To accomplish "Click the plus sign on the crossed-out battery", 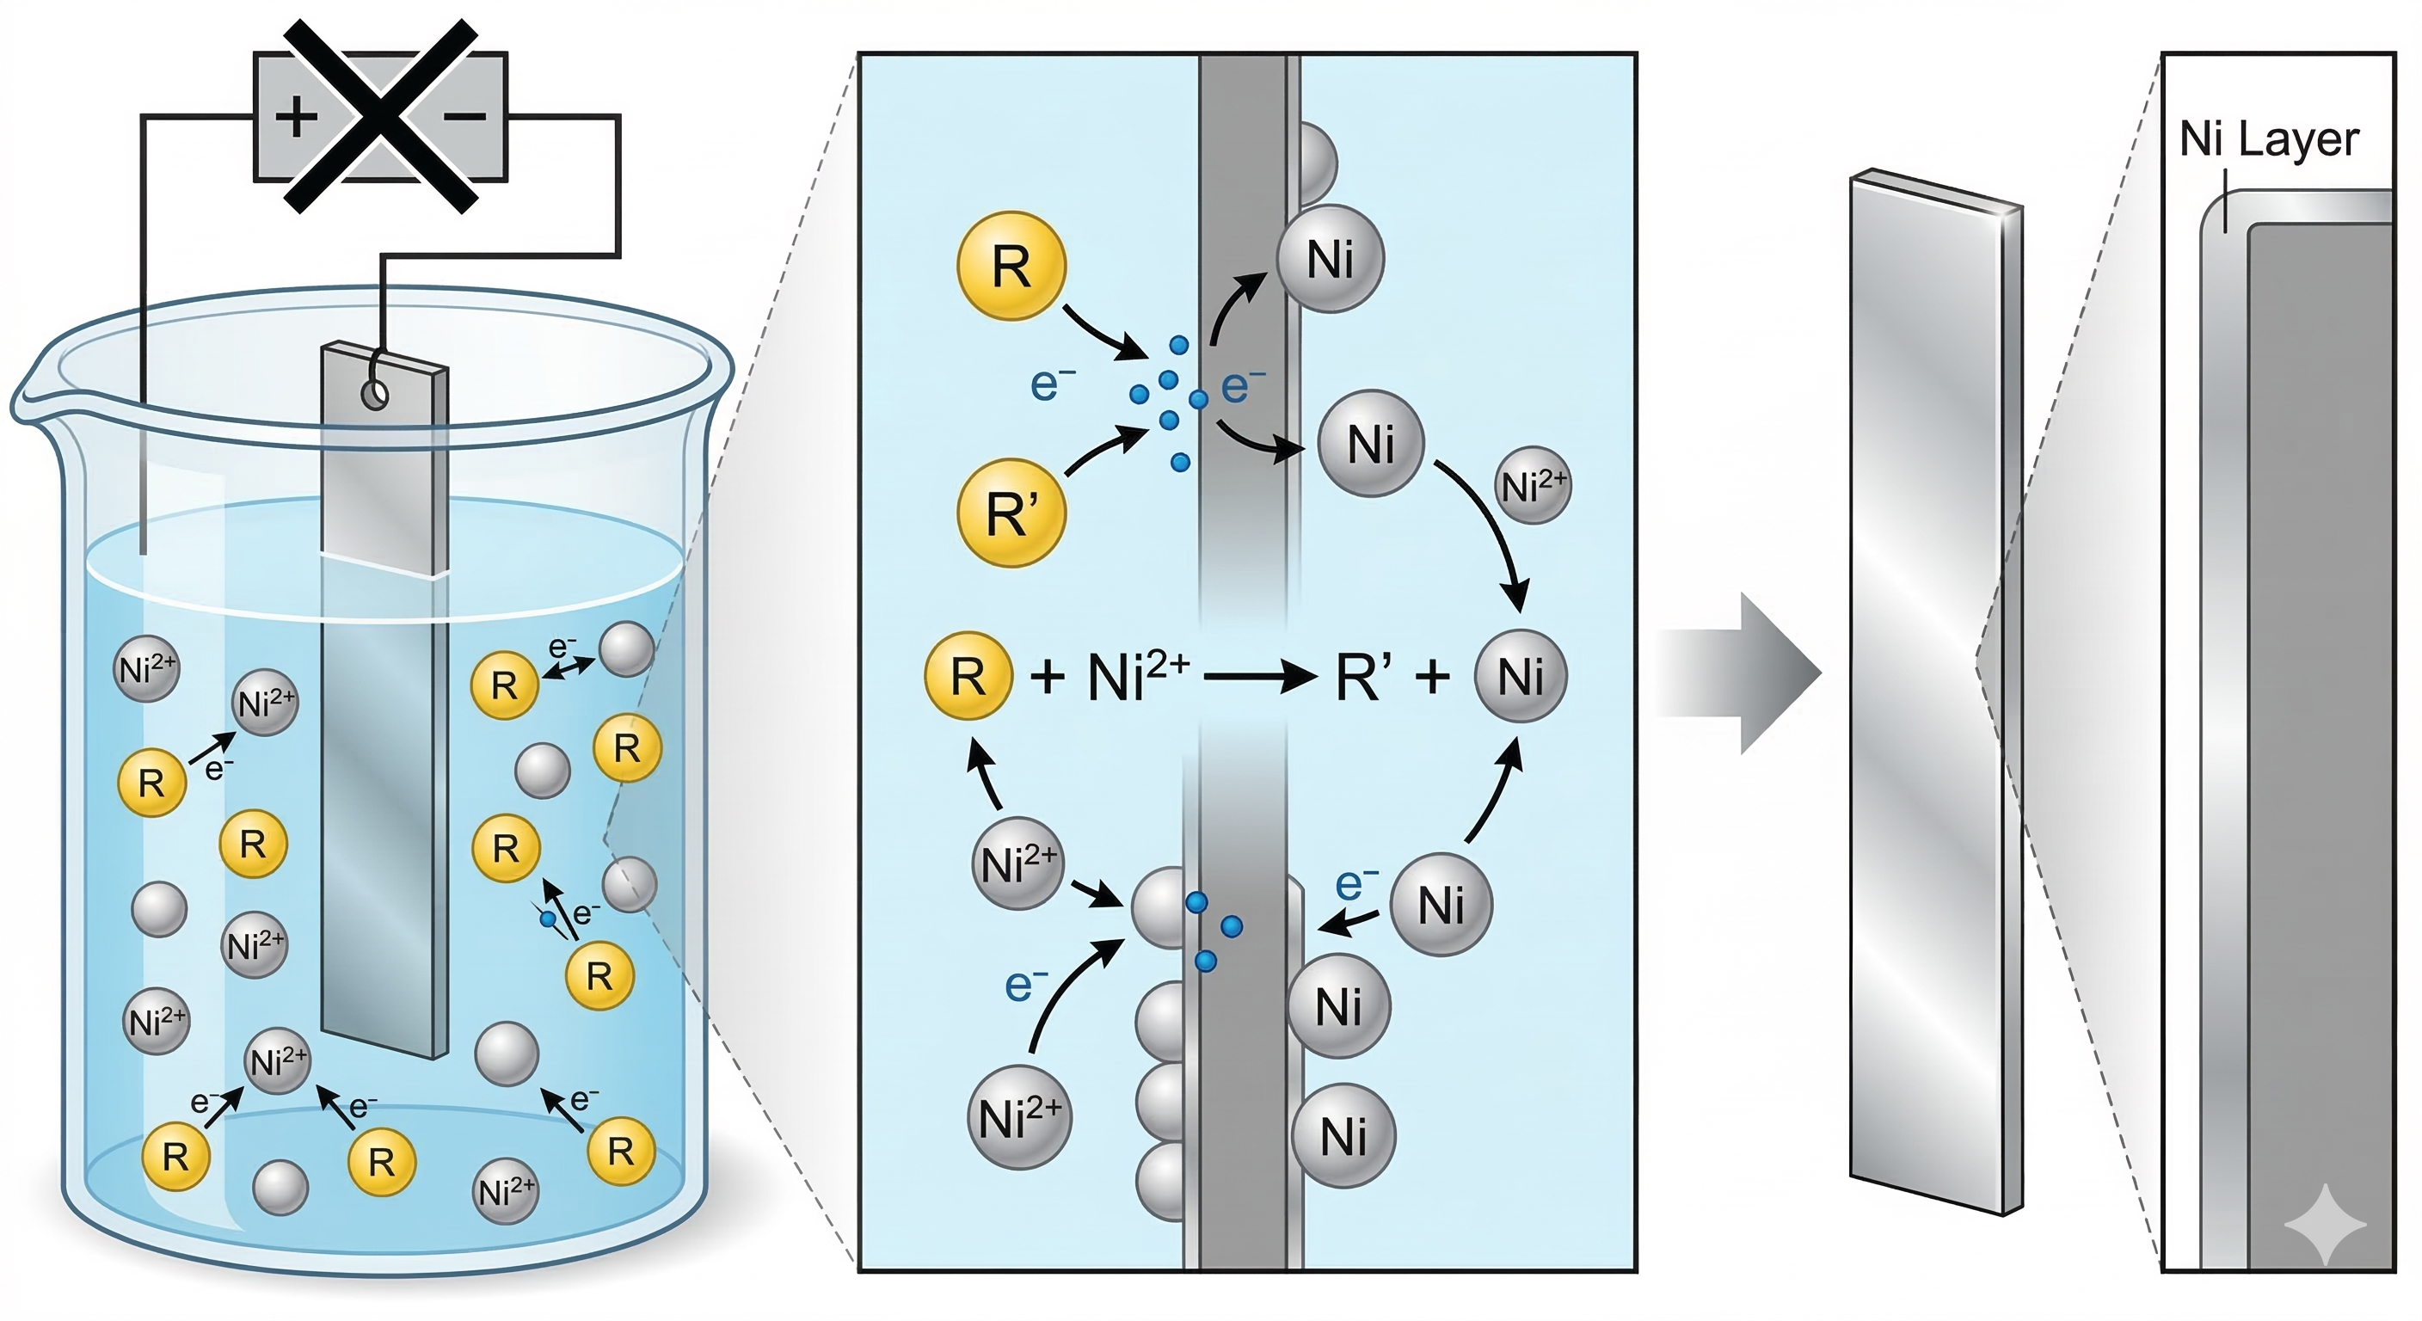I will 295,118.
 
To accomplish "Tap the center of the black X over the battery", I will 381,117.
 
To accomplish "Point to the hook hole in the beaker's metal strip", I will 375,396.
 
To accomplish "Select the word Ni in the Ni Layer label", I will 2201,139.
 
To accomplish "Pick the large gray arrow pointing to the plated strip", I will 1738,673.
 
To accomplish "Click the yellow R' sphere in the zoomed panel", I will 1011,513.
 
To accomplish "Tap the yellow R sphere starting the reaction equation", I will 968,676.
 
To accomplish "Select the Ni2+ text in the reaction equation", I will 1138,675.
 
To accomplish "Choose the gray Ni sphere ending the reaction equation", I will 1521,676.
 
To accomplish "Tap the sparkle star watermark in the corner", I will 2324,1224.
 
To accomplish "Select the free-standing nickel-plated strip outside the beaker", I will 1935,691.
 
